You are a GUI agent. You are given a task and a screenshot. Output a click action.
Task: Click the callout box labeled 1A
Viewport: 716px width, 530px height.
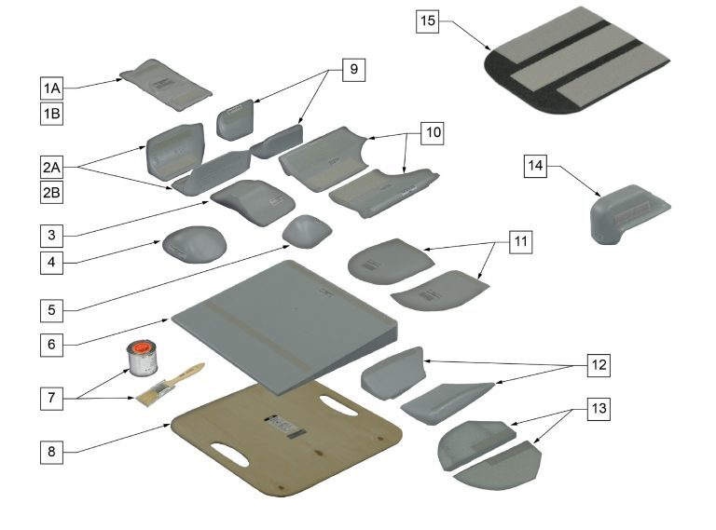point(51,88)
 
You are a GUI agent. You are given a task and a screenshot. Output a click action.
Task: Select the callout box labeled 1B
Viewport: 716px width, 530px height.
point(51,113)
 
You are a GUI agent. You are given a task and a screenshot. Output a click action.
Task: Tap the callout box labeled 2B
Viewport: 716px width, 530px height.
point(51,192)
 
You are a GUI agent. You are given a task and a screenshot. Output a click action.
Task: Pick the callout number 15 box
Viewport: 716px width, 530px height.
point(427,21)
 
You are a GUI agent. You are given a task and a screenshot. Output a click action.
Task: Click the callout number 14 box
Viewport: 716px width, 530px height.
point(535,166)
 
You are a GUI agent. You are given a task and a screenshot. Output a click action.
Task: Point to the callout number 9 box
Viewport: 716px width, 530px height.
point(354,70)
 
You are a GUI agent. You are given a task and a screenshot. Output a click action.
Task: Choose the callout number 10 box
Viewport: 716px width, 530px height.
point(433,132)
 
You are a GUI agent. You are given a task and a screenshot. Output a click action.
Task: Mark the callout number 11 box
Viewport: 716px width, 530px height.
point(521,241)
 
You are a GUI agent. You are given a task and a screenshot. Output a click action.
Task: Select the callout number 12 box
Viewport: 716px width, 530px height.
point(599,365)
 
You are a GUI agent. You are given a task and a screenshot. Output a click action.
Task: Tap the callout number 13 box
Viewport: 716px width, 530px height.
point(599,407)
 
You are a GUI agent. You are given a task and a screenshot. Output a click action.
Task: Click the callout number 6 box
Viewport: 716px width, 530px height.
point(51,345)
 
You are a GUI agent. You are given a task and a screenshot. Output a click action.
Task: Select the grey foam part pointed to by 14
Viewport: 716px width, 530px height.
point(628,213)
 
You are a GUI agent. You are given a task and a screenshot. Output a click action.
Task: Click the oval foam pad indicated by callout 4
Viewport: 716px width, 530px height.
point(195,244)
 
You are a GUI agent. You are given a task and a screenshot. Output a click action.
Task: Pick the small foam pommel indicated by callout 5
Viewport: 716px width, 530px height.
point(307,231)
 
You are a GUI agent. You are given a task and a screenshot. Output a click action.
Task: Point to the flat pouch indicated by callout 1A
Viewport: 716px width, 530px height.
point(166,85)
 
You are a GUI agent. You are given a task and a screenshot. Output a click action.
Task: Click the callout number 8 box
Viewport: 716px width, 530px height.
point(51,452)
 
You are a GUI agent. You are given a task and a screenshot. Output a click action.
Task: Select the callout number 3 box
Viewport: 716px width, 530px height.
point(51,236)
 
